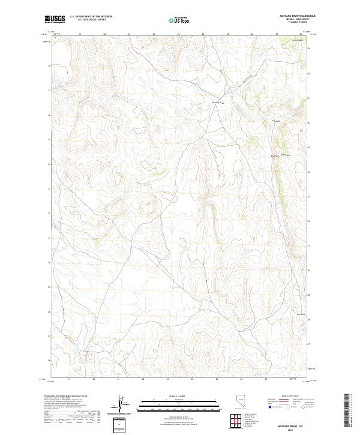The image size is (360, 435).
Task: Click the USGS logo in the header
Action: tap(54, 20)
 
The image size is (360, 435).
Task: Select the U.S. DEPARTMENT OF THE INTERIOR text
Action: tap(91, 17)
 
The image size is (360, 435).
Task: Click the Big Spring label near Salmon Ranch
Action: tap(275, 156)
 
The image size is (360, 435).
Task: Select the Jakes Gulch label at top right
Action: tap(295, 40)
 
